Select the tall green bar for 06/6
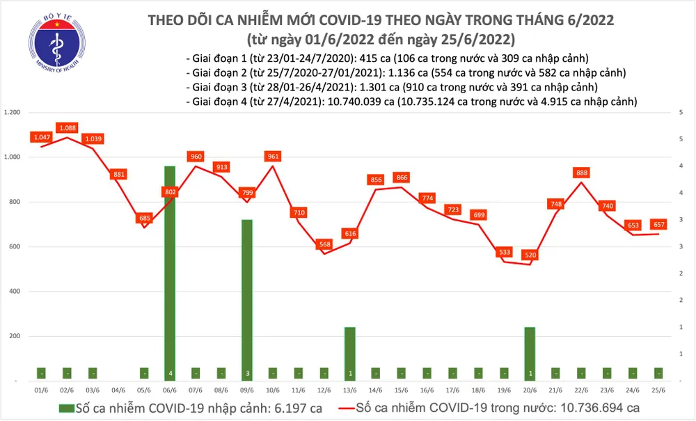pyautogui.click(x=169, y=271)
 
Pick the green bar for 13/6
pyautogui.click(x=350, y=353)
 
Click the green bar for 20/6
pyautogui.click(x=530, y=353)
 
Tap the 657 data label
pyautogui.click(x=659, y=224)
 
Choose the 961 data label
pyautogui.click(x=273, y=157)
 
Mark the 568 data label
pyautogui.click(x=324, y=244)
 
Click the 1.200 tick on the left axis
pyautogui.click(x=12, y=113)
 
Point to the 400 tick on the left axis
pyautogui.click(x=15, y=292)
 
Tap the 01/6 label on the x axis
pyautogui.click(x=41, y=392)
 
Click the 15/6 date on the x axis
pyautogui.click(x=402, y=392)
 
